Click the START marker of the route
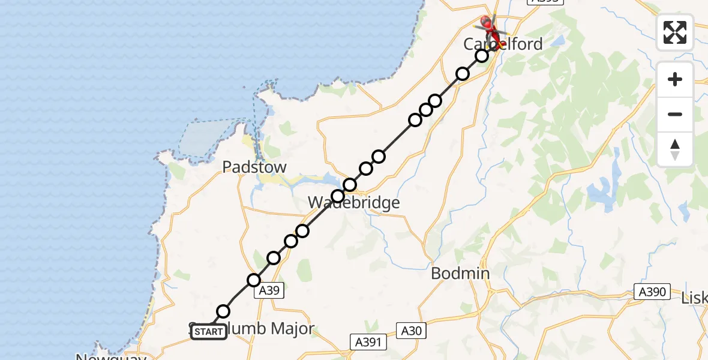point(209,332)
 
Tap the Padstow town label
point(254,167)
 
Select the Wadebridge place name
point(353,203)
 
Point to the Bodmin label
point(461,273)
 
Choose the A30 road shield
point(410,329)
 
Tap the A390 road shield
point(651,292)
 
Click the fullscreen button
point(675,32)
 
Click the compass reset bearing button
point(675,149)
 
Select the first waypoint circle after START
point(223,311)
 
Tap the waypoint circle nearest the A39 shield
point(254,280)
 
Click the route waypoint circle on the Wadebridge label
point(338,196)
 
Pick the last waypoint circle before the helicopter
point(482,56)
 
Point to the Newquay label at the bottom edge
point(110,356)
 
